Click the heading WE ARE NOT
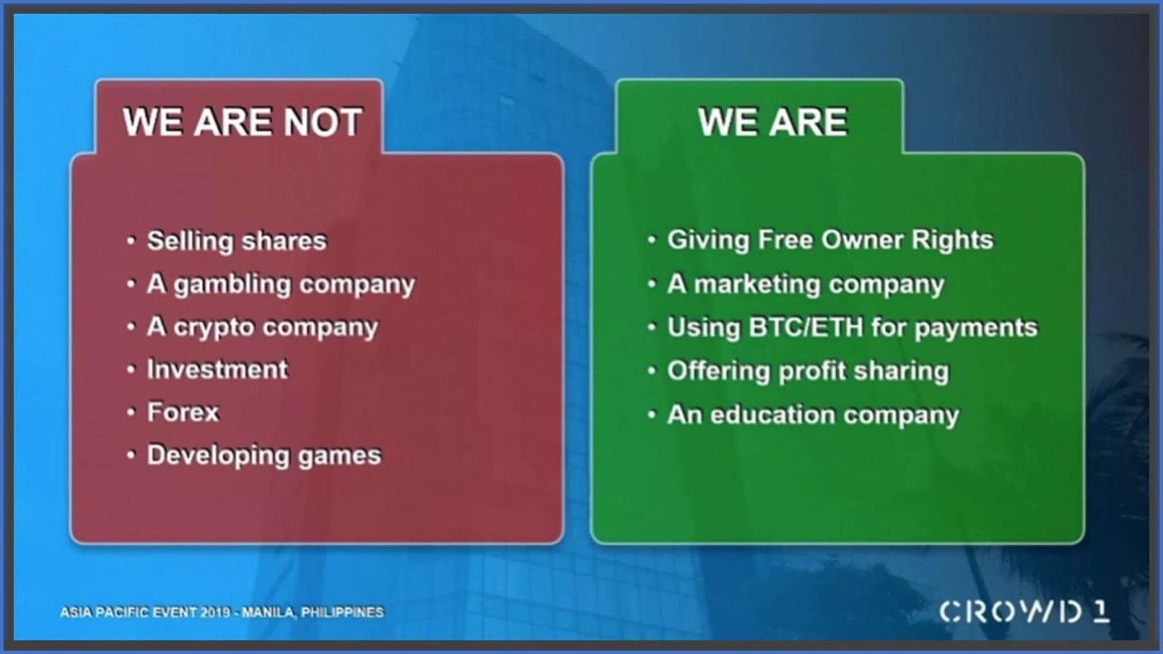(x=242, y=122)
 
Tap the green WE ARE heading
(x=773, y=122)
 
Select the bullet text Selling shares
(x=237, y=241)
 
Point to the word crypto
(x=214, y=328)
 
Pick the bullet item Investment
(x=217, y=369)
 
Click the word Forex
(x=182, y=412)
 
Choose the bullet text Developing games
(x=264, y=456)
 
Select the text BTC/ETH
(x=805, y=327)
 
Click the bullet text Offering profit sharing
(x=808, y=371)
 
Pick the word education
(x=772, y=414)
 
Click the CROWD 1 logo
(x=1024, y=612)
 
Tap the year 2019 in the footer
(x=215, y=613)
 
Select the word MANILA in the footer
(x=268, y=613)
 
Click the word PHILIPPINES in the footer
(x=342, y=613)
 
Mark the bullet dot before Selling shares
(x=131, y=241)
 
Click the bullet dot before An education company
(x=652, y=415)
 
